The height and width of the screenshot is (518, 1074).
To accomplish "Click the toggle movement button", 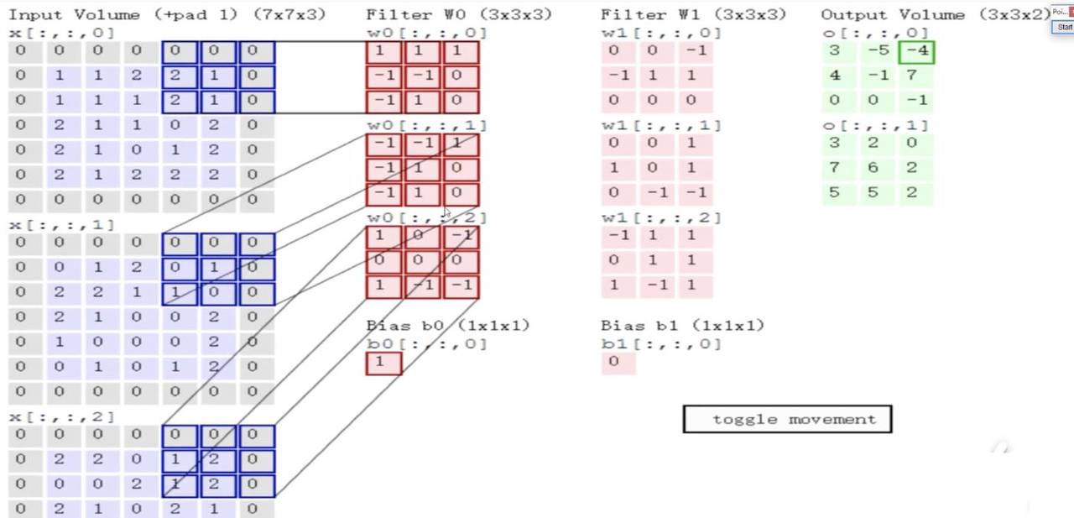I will pyautogui.click(x=787, y=419).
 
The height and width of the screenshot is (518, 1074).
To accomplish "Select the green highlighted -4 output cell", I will pyautogui.click(x=916, y=51).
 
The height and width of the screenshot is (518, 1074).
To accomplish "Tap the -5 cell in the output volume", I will pyautogui.click(x=878, y=51).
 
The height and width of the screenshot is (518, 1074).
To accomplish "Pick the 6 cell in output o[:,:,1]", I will pyautogui.click(x=873, y=168).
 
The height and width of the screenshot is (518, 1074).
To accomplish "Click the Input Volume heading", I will pyautogui.click(x=167, y=14).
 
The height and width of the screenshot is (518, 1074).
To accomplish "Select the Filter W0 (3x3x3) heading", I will pyautogui.click(x=459, y=14).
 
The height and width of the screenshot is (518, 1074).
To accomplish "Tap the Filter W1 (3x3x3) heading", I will pyautogui.click(x=693, y=14).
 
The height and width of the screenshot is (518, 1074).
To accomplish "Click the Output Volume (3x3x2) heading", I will pyautogui.click(x=935, y=14).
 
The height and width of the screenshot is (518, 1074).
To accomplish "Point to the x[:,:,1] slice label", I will pyautogui.click(x=61, y=225).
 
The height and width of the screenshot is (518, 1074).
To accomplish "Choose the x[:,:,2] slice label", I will pyautogui.click(x=61, y=417).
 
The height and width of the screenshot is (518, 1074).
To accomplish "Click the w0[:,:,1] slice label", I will pyautogui.click(x=426, y=125).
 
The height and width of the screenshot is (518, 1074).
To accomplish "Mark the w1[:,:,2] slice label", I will pyautogui.click(x=661, y=217).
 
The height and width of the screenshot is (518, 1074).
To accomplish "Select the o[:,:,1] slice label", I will pyautogui.click(x=875, y=125).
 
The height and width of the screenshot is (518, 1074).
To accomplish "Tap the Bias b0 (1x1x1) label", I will pyautogui.click(x=448, y=326).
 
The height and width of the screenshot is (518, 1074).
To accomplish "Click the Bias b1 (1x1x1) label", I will pyautogui.click(x=682, y=326).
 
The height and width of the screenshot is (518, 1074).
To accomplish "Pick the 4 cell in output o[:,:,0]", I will pyautogui.click(x=835, y=76).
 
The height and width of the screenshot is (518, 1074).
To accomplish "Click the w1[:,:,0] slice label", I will pyautogui.click(x=661, y=33).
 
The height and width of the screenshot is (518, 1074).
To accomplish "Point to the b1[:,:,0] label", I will pyautogui.click(x=661, y=343).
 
